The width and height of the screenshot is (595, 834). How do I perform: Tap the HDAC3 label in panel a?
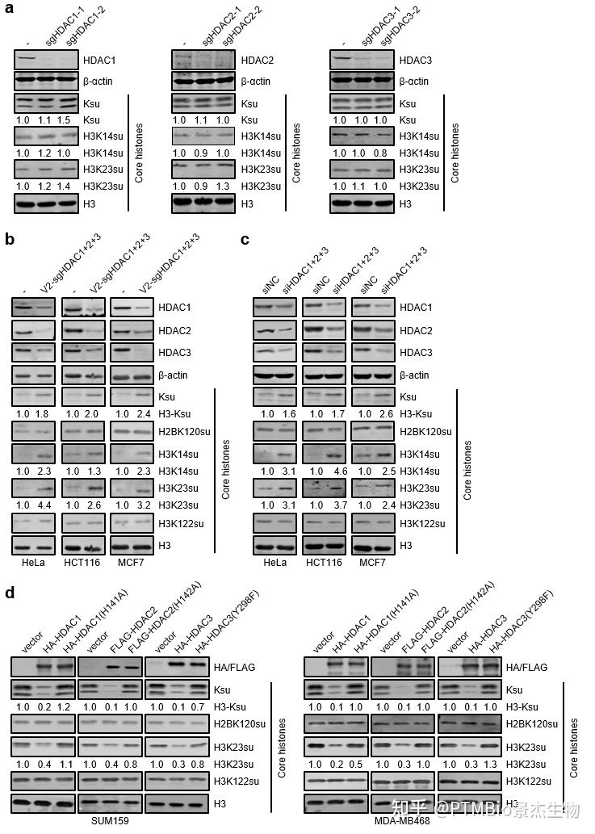416,60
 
